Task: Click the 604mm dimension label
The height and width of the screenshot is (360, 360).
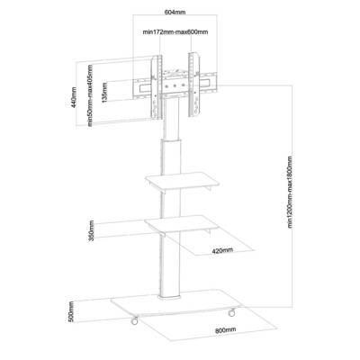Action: [175, 13]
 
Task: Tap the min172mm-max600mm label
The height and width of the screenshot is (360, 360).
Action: [175, 32]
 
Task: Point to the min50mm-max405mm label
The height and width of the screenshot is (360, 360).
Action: [90, 95]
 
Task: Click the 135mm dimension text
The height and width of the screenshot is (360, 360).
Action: [104, 93]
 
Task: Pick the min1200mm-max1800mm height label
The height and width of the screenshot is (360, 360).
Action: [290, 192]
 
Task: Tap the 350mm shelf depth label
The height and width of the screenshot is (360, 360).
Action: [92, 230]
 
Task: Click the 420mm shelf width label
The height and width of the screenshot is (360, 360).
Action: [222, 250]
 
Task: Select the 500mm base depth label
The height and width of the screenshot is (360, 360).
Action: [71, 311]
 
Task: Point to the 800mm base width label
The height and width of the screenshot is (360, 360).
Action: [225, 330]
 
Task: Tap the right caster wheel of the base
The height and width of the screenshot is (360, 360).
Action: [231, 311]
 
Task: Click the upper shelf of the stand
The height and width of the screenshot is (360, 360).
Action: [182, 181]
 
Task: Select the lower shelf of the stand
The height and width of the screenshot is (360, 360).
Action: [181, 225]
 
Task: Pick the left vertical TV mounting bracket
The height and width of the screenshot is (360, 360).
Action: [157, 87]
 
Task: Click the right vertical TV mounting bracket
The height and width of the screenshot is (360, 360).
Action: [193, 85]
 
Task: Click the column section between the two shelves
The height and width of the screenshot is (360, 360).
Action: [171, 204]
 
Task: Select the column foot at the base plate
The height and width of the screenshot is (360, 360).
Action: [170, 297]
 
